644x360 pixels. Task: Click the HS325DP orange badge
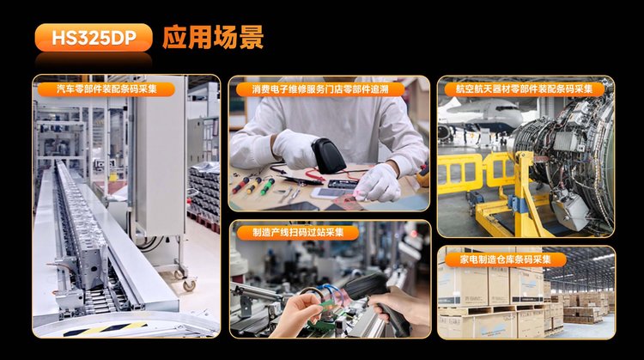[94, 38]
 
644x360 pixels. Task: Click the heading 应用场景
[213, 38]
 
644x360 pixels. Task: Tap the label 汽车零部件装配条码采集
[106, 88]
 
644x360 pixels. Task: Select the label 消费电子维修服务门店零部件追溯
[320, 88]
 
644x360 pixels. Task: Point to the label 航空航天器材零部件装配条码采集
[525, 88]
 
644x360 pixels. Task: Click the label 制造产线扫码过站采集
[298, 232]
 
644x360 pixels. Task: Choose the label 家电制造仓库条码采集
[505, 259]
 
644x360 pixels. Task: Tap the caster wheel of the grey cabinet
[189, 284]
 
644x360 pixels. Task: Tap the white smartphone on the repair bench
[326, 192]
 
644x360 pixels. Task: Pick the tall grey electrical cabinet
[159, 156]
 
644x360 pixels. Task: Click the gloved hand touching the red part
[377, 184]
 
